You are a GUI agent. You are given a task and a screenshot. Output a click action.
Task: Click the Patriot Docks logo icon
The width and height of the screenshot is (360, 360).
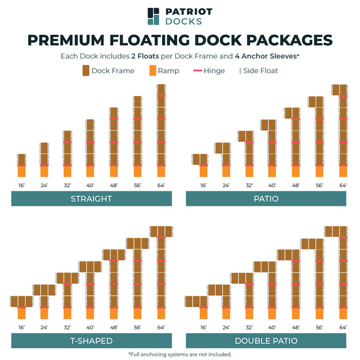(154, 16)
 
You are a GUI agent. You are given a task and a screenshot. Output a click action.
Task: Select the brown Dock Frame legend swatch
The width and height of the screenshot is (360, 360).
(86, 71)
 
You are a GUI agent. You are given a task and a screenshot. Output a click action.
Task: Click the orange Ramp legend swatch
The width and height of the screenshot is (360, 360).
(152, 71)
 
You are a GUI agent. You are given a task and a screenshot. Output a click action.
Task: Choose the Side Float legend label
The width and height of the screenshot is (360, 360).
(260, 71)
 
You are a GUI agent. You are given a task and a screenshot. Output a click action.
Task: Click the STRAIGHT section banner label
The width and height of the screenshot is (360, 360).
(91, 199)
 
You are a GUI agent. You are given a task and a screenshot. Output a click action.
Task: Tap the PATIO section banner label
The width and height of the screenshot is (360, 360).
(266, 199)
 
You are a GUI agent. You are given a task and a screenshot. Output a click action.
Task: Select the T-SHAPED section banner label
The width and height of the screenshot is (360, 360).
(91, 341)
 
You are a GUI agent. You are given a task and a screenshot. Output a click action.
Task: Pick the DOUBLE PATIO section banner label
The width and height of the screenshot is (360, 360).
(266, 341)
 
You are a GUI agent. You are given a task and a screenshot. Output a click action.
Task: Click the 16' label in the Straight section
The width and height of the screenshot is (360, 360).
(22, 185)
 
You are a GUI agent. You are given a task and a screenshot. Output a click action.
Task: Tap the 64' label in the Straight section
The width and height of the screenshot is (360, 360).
(161, 185)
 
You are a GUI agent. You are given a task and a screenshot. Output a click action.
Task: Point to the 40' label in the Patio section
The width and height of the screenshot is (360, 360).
(272, 185)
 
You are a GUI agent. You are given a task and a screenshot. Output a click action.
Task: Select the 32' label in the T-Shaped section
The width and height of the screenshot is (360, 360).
(67, 328)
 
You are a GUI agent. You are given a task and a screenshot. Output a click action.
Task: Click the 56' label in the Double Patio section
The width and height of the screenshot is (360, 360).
(319, 328)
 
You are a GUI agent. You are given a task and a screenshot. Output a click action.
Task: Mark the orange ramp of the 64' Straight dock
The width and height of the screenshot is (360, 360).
(161, 172)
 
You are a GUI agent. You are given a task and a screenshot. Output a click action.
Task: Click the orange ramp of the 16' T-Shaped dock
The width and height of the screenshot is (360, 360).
(22, 313)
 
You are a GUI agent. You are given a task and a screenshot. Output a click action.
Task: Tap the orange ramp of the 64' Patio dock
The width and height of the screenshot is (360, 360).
(343, 172)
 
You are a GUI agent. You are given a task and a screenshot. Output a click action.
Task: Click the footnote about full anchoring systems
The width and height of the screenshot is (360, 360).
(180, 354)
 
